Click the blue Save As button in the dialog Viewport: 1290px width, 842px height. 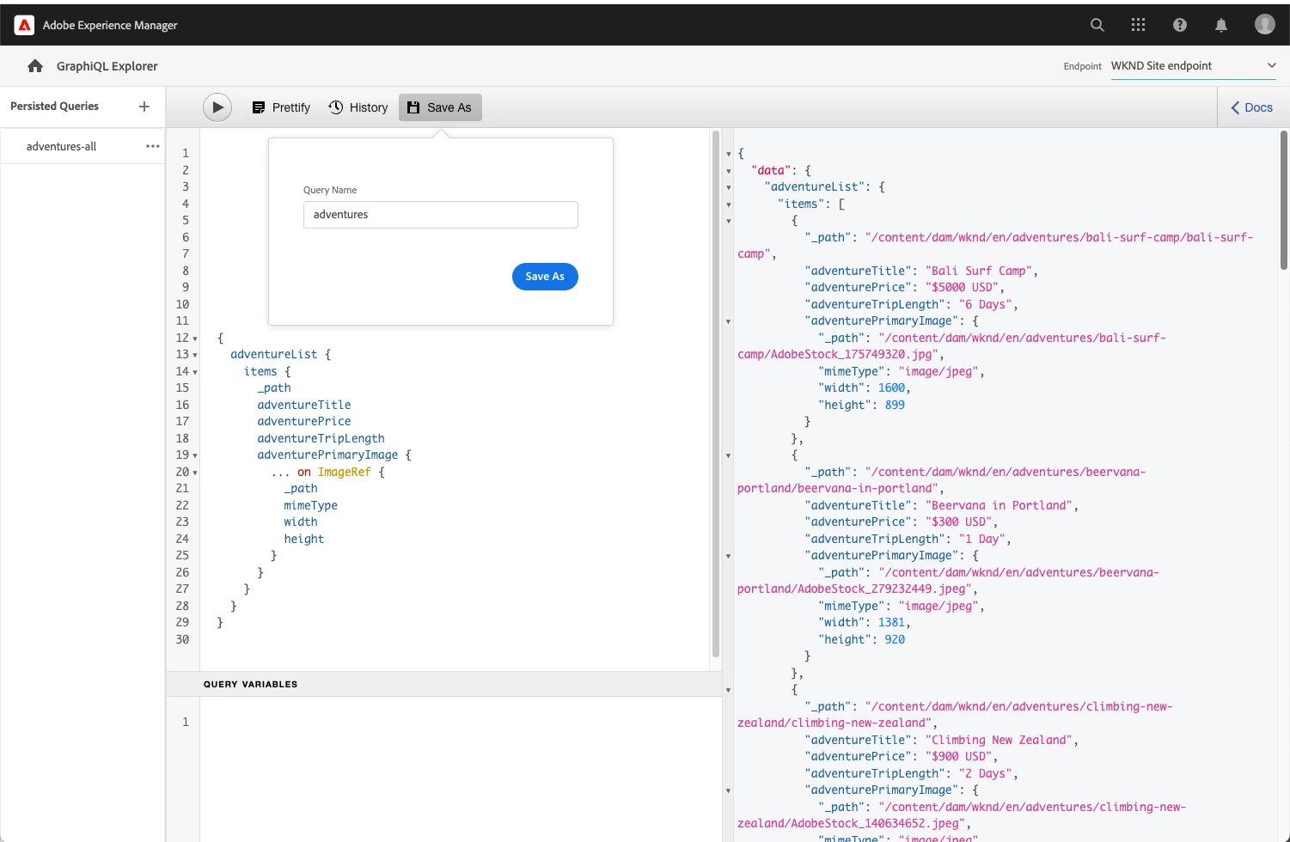545,277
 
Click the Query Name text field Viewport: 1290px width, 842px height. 441,214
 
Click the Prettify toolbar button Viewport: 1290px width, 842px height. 281,107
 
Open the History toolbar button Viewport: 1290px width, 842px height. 358,107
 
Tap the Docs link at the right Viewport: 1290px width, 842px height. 1252,107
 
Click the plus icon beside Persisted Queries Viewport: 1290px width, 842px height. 144,106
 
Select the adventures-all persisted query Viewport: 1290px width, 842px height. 62,146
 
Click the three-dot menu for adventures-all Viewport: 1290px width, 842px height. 153,146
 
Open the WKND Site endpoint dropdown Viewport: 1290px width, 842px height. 1194,65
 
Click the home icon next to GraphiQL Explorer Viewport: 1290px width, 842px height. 35,65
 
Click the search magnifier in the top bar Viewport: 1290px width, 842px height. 1097,25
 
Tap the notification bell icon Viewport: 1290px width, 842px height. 1221,25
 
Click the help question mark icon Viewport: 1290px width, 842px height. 1179,25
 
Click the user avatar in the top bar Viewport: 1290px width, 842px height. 1265,24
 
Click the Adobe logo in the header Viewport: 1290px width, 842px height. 24,25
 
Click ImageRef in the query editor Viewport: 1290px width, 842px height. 345,472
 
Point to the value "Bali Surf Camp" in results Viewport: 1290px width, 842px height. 978,271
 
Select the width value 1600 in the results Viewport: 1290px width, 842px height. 891,388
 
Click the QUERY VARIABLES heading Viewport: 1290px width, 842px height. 250,684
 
